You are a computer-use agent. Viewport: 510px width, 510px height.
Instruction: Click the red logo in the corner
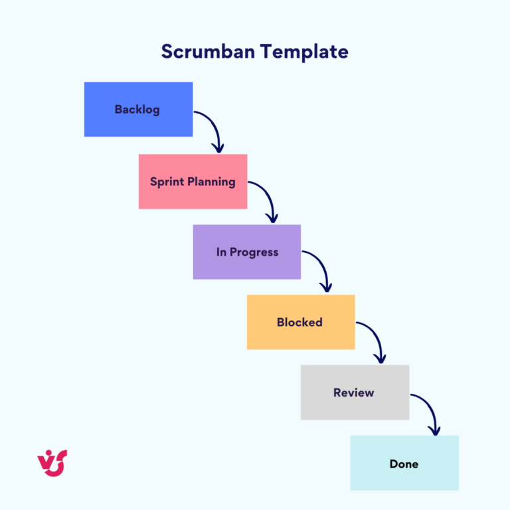point(52,462)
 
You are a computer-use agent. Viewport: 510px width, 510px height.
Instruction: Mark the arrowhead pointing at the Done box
point(435,431)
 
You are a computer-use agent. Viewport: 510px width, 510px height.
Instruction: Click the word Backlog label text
point(137,110)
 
